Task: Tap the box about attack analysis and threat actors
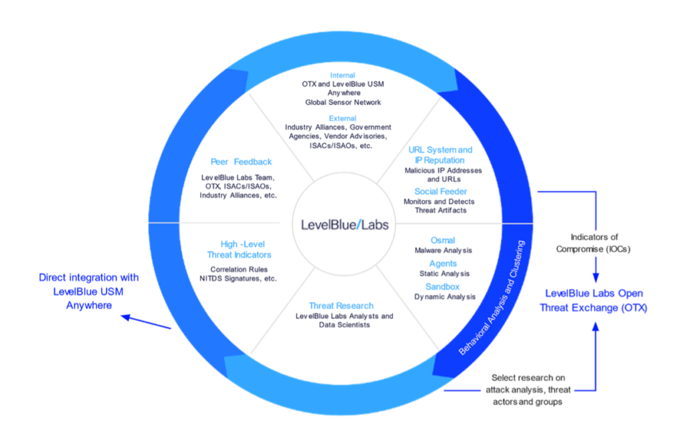527,390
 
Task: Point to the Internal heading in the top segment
342,75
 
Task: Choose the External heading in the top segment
343,116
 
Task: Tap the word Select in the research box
504,378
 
